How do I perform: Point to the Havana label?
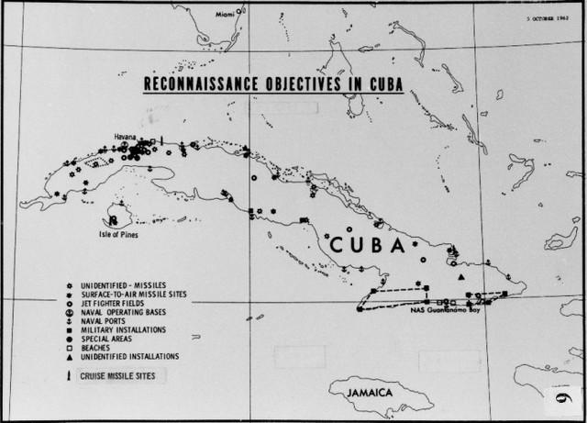(126, 137)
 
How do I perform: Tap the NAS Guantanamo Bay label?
(446, 312)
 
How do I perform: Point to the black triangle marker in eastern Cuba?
(462, 277)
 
